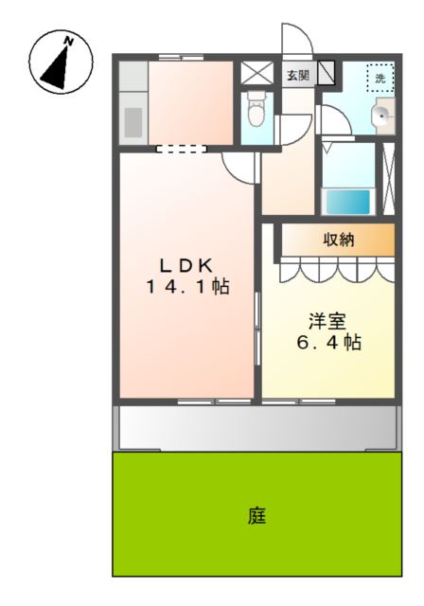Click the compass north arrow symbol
62,62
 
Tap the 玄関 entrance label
297,75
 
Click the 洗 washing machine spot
380,79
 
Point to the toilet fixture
256,112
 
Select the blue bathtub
347,202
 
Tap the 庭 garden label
256,516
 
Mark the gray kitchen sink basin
133,122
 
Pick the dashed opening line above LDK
181,148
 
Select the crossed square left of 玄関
255,74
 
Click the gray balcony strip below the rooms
256,428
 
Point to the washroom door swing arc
332,118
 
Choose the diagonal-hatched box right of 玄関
327,74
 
